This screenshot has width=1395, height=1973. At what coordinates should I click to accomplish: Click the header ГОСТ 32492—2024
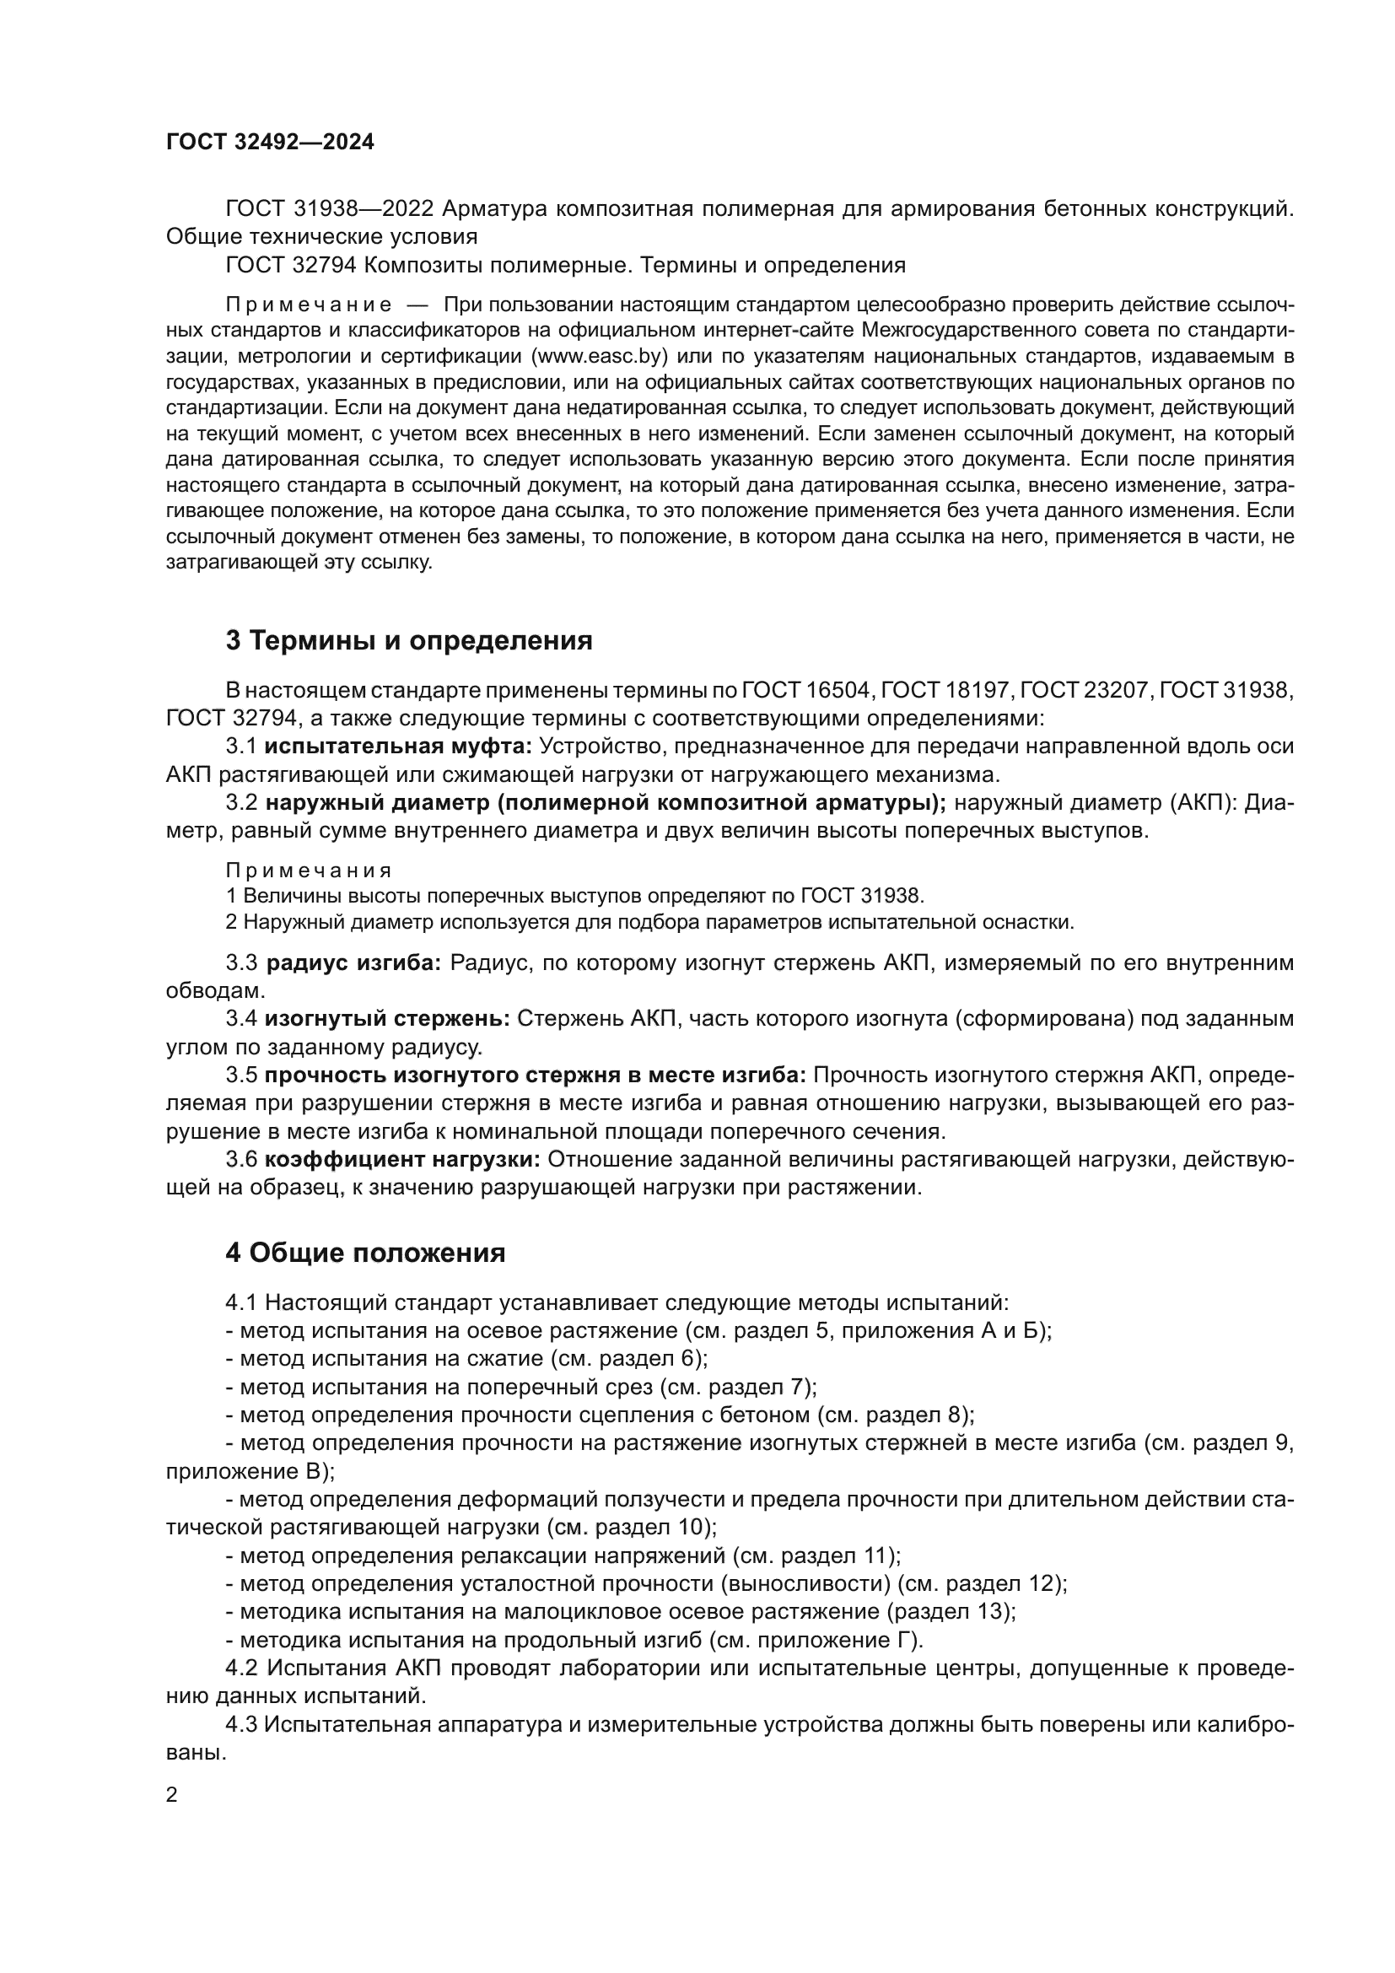point(270,143)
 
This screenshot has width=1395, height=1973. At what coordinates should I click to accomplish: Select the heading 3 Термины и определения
point(409,640)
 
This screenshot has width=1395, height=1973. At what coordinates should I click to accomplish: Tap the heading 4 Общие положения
point(365,1253)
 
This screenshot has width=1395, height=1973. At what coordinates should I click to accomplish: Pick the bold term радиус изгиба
point(353,963)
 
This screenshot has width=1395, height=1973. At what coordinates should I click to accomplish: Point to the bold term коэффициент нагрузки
point(402,1160)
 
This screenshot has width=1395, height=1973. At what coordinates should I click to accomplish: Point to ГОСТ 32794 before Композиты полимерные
point(290,265)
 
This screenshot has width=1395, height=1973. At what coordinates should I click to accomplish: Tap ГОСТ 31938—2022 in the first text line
point(332,209)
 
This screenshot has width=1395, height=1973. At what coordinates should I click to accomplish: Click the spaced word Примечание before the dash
point(310,305)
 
